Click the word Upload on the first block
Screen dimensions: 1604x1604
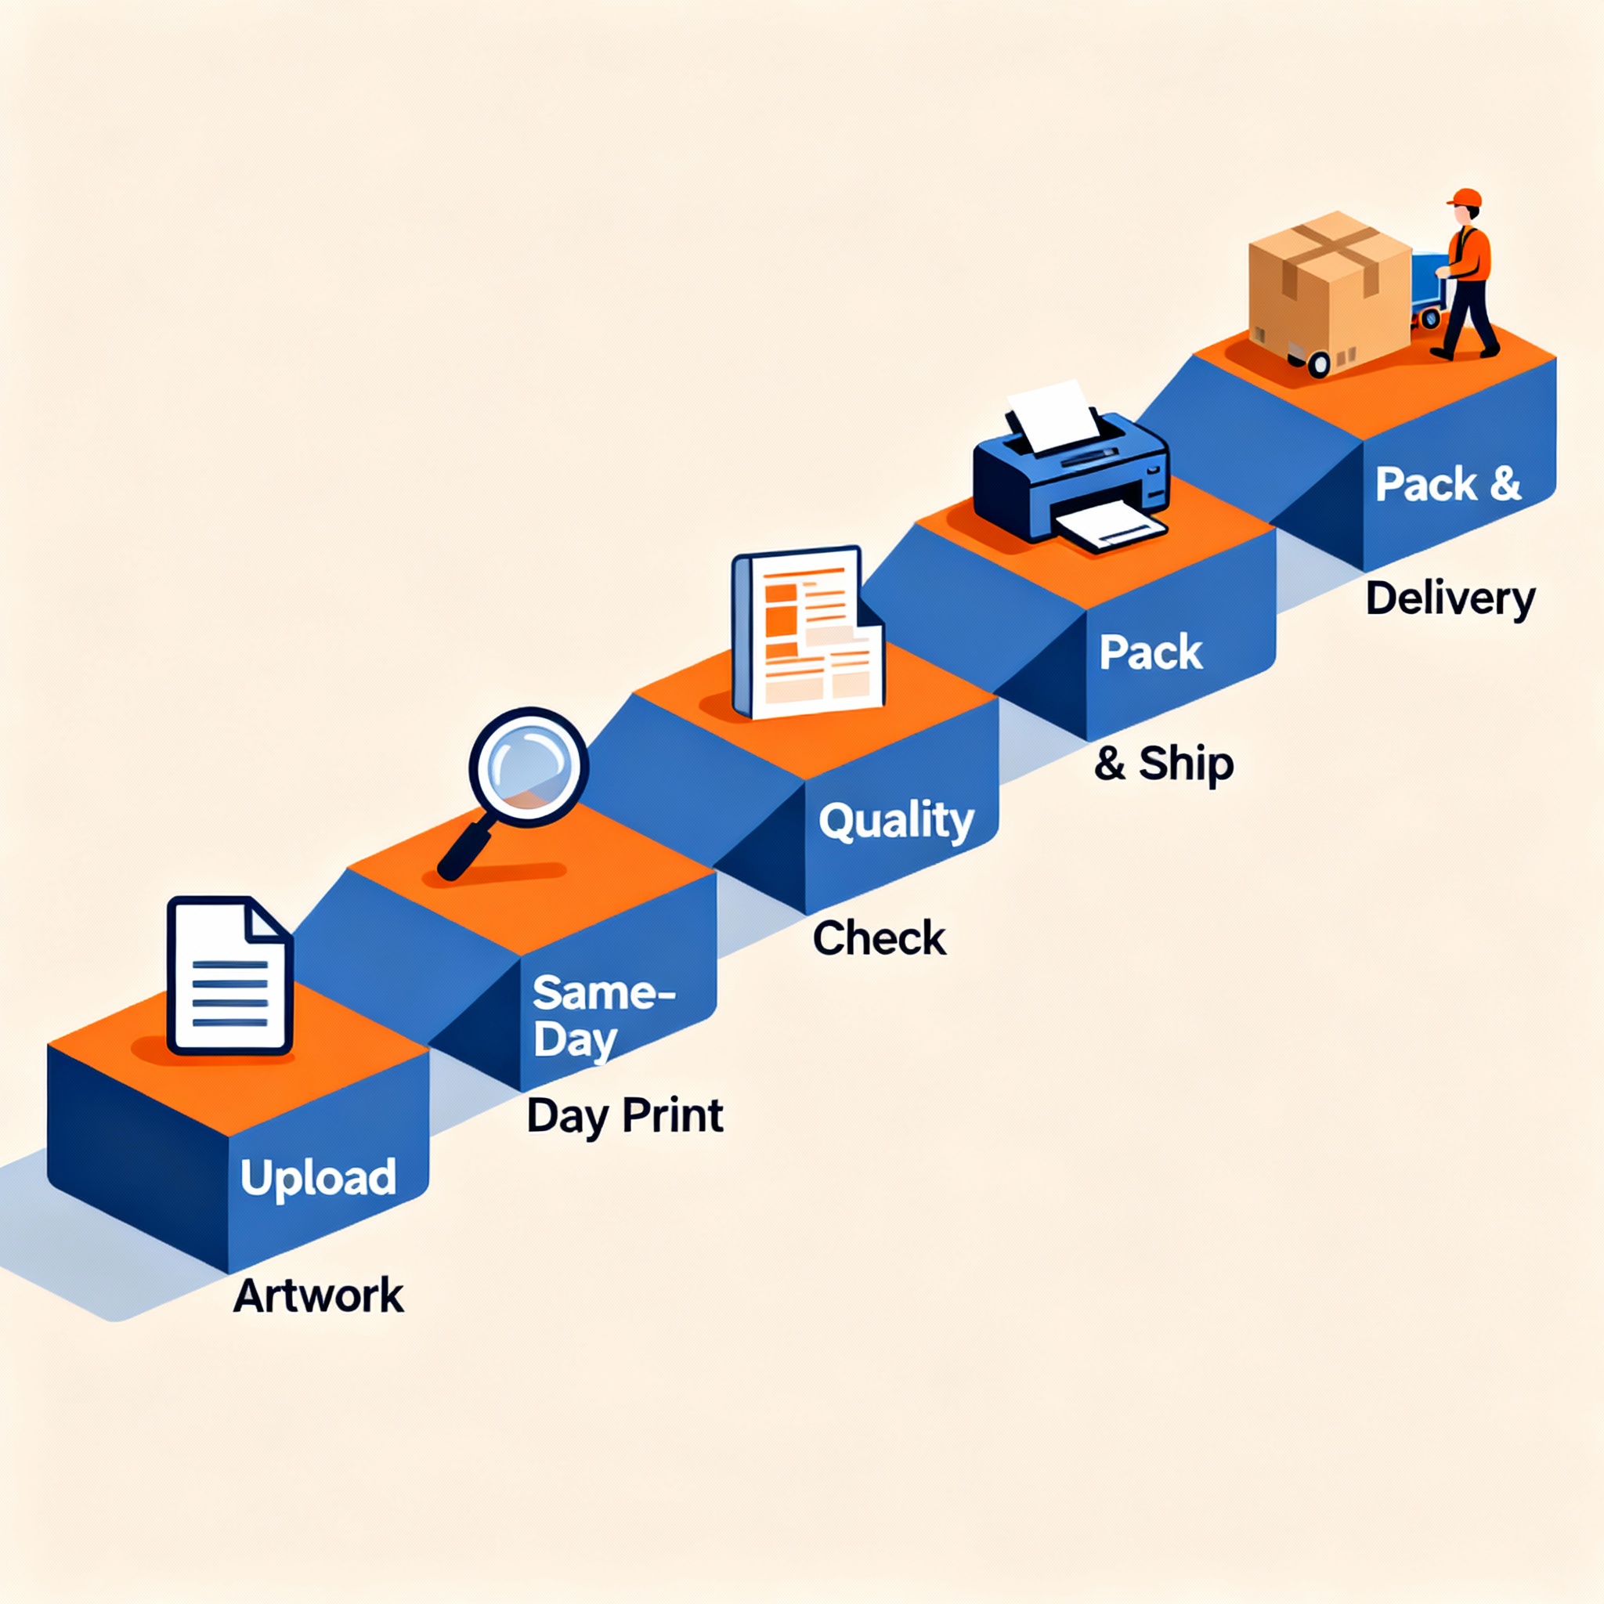[318, 1177]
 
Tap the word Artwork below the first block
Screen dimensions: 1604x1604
[318, 1296]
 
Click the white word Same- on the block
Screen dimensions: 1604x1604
[604, 992]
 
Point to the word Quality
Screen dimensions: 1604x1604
[896, 822]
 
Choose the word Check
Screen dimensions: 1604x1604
[880, 938]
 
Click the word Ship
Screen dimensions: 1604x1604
[1186, 763]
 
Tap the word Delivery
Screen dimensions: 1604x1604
[1450, 599]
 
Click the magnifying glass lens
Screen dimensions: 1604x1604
[528, 765]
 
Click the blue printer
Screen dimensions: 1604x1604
[1071, 478]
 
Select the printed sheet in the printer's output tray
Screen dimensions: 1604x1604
[1108, 528]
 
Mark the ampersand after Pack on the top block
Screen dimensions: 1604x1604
[1505, 483]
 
